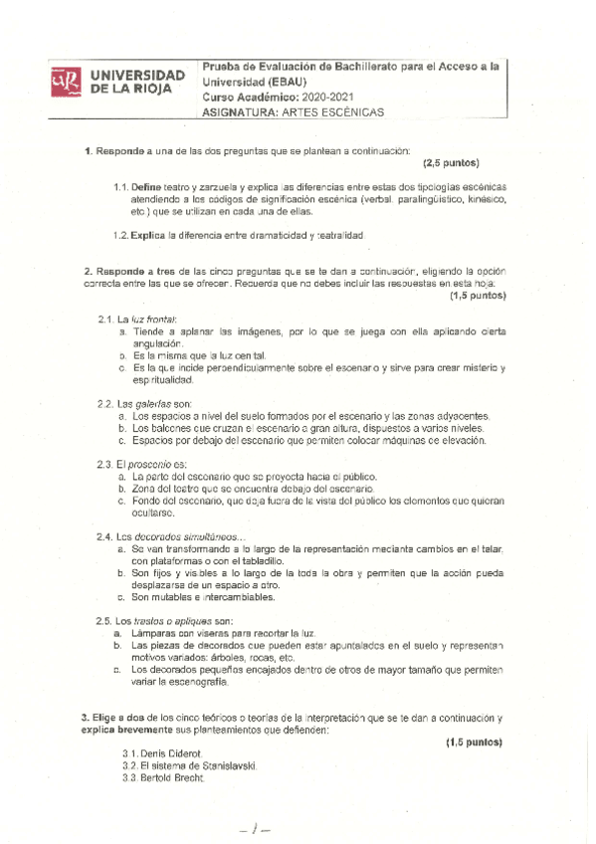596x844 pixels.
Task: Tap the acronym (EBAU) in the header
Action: point(289,82)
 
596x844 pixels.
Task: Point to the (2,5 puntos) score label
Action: point(451,163)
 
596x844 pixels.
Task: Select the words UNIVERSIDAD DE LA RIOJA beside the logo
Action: point(137,82)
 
